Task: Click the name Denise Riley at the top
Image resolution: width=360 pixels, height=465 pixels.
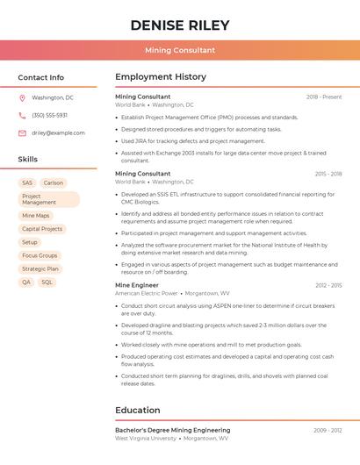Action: point(180,25)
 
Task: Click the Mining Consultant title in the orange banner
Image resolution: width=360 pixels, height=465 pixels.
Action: point(180,50)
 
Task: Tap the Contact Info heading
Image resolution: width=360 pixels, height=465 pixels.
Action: point(40,77)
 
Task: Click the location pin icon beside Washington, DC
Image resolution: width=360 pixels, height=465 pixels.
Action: point(22,97)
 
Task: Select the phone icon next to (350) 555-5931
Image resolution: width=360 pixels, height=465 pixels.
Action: point(22,115)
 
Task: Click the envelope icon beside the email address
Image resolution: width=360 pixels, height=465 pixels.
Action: point(22,132)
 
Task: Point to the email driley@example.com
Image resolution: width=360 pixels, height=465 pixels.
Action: point(58,132)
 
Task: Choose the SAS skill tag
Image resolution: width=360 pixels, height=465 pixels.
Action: point(27,183)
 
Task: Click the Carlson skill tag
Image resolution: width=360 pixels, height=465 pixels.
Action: point(54,183)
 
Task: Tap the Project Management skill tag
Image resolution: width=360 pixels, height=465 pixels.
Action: point(49,199)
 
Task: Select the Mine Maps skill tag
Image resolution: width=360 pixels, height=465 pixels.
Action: point(36,216)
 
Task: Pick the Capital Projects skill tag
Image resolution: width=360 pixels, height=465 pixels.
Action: point(42,229)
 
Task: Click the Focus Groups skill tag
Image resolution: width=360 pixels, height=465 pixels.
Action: point(40,255)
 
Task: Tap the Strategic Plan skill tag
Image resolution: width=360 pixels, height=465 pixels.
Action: point(40,268)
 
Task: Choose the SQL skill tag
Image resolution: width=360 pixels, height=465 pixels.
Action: point(47,283)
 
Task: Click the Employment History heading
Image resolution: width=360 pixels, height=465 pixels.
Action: point(161,77)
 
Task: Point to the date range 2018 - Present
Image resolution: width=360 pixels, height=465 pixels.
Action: point(324,97)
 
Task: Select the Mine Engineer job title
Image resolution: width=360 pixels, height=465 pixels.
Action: point(137,285)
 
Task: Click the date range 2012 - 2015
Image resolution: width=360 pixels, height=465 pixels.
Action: point(328,285)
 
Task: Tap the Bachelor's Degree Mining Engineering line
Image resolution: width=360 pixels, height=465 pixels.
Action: point(172,430)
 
